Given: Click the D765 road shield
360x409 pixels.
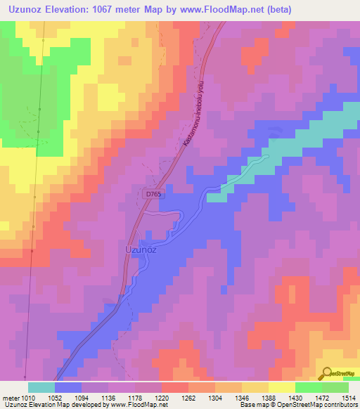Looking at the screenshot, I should point(155,193).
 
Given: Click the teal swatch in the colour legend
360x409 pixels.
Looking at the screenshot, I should point(41,387).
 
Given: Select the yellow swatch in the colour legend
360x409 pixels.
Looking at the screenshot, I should point(281,387).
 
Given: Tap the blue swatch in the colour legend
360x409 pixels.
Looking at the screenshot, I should point(67,387).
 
